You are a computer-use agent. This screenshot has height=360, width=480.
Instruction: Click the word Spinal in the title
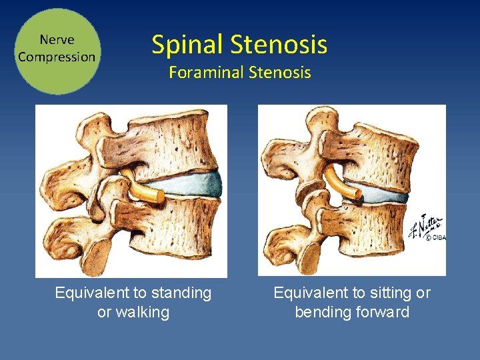[x=188, y=45]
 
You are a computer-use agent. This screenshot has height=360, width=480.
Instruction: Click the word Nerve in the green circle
[x=57, y=40]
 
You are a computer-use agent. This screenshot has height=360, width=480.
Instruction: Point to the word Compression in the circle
[x=57, y=57]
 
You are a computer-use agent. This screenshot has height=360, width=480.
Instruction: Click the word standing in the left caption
[x=181, y=293]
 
